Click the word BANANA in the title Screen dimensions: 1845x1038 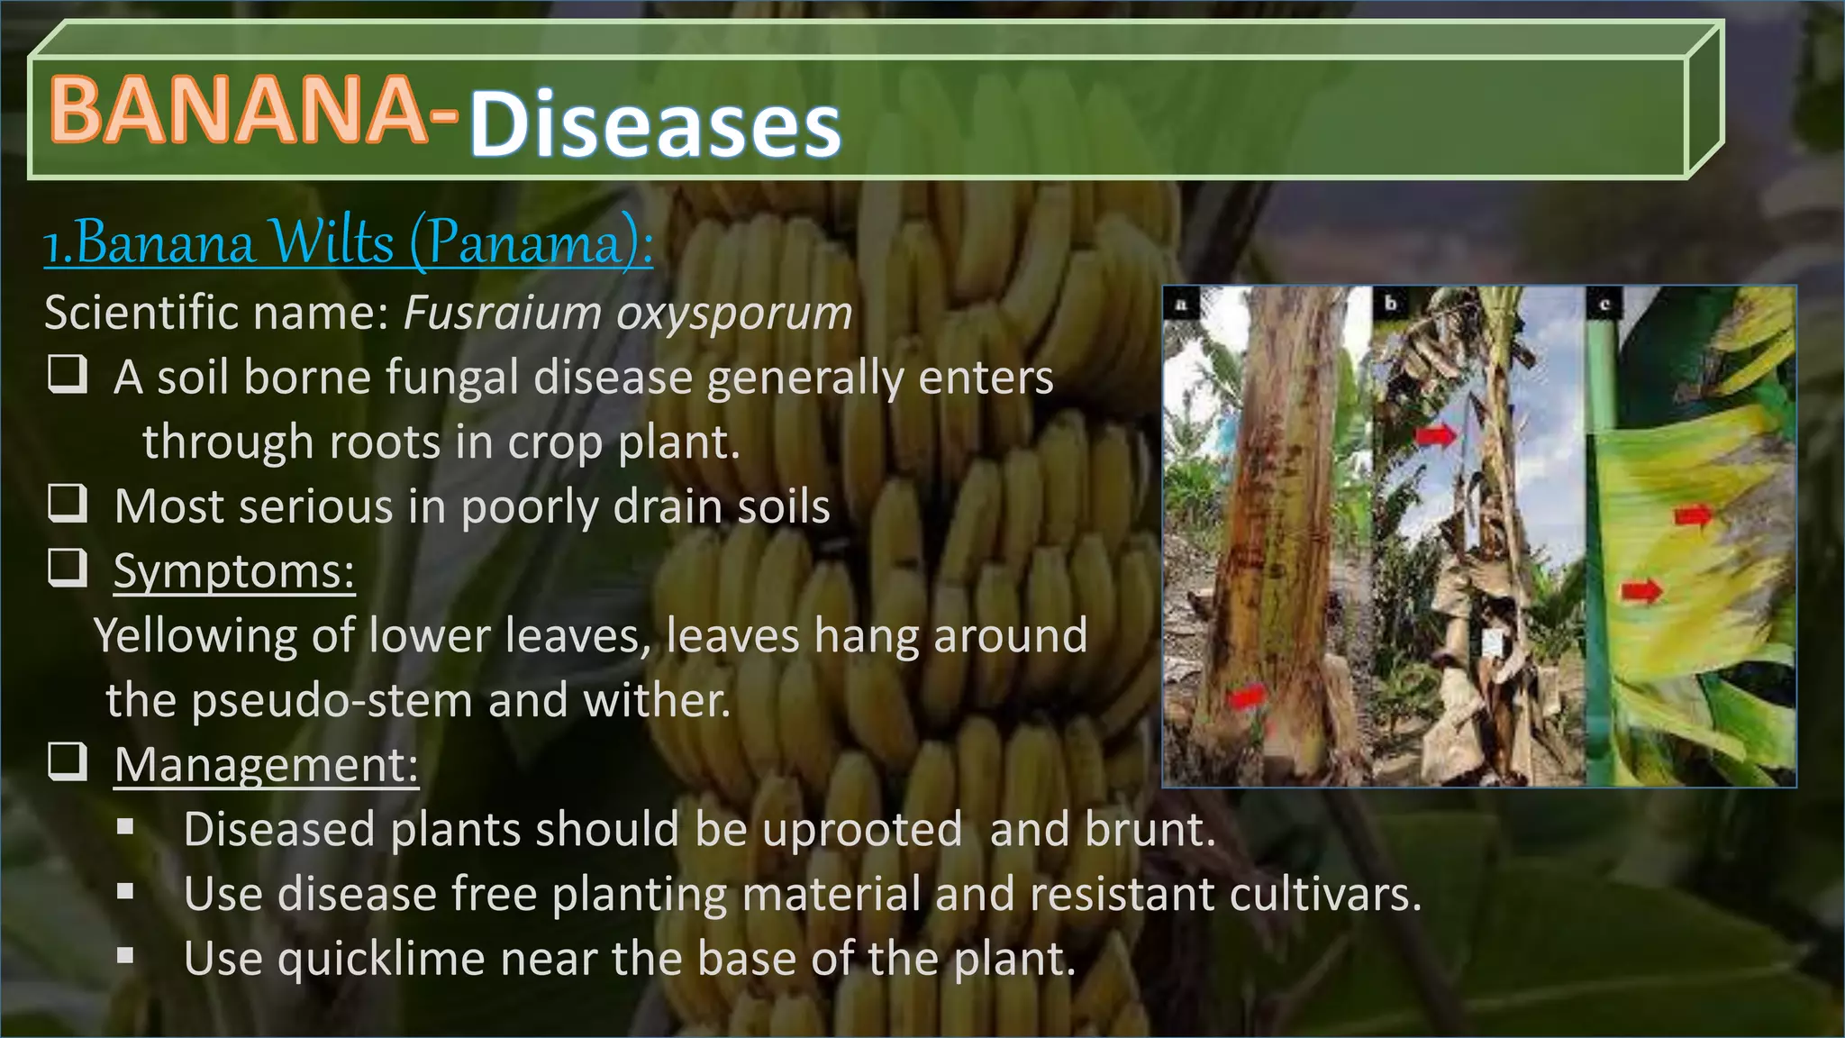click(x=239, y=109)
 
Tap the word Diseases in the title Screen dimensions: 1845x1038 click(x=655, y=125)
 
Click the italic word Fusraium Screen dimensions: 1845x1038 click(x=502, y=313)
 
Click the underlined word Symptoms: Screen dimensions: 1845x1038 click(x=234, y=571)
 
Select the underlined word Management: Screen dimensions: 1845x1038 click(x=267, y=765)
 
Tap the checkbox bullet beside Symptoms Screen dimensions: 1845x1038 click(x=68, y=568)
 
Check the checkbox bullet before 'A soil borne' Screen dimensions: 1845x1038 click(x=68, y=374)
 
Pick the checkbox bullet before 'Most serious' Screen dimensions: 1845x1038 click(x=68, y=503)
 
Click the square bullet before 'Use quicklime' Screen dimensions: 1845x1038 click(x=125, y=956)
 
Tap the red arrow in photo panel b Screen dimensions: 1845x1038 click(x=1436, y=435)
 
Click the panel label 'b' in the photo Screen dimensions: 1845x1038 click(x=1391, y=304)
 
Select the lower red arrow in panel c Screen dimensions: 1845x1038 click(x=1641, y=592)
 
